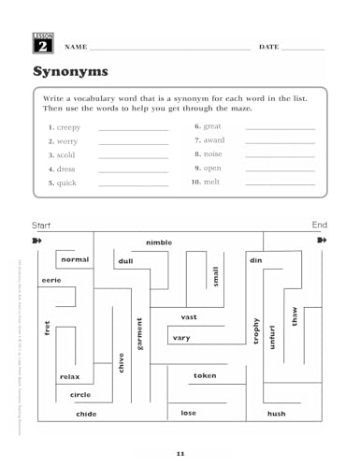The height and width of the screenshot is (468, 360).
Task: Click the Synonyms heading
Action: [x=70, y=72]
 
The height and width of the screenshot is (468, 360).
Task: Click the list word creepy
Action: [x=65, y=126]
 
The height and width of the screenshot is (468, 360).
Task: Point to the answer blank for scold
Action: [x=132, y=157]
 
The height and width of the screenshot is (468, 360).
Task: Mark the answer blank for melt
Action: [x=280, y=184]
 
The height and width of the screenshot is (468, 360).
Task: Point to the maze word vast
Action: [x=190, y=317]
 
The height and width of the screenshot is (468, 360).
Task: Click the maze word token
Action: [x=204, y=375]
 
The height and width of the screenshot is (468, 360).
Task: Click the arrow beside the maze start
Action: [x=37, y=241]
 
